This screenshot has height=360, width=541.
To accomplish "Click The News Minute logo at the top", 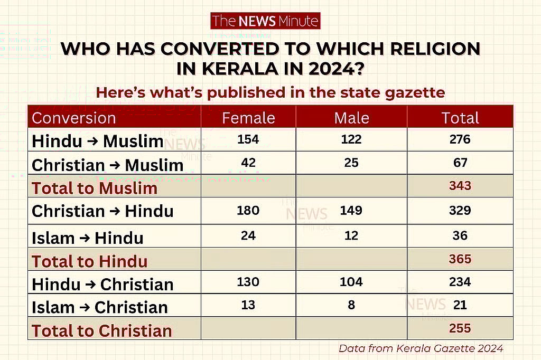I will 265,21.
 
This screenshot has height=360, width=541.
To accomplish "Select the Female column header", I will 248,118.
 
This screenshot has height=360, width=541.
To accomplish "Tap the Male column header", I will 351,118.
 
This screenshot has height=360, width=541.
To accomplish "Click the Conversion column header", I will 74,118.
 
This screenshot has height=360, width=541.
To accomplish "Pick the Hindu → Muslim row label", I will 97,141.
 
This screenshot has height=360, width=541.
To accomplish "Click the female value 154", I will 248,140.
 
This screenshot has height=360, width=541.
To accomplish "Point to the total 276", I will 460,140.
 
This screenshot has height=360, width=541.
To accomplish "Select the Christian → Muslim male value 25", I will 351,163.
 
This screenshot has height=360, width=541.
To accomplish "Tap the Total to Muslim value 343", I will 460,186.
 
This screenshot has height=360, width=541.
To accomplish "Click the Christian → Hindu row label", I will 102,211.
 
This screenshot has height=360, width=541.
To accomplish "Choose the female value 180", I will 248,211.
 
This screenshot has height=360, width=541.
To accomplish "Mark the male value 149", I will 351,211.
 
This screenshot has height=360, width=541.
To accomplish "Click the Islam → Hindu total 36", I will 460,235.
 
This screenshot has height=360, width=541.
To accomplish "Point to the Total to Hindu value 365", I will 460,259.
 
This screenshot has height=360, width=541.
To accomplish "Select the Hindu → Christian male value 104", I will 351,282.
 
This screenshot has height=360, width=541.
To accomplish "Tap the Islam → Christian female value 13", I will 248,305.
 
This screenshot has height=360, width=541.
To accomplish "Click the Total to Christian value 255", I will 460,328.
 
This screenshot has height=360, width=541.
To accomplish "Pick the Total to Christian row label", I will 102,331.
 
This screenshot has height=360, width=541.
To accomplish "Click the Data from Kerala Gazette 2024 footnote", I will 421,348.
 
